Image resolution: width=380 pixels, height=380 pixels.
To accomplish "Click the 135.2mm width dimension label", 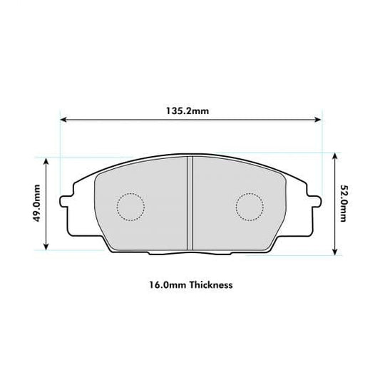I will [x=190, y=111].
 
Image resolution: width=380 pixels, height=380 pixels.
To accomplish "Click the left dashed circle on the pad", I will [x=130, y=207].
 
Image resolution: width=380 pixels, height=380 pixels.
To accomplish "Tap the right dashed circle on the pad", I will [x=249, y=207].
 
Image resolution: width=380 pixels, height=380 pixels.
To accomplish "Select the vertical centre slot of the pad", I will [x=190, y=202].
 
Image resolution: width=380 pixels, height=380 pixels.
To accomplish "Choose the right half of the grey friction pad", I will [x=235, y=228].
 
